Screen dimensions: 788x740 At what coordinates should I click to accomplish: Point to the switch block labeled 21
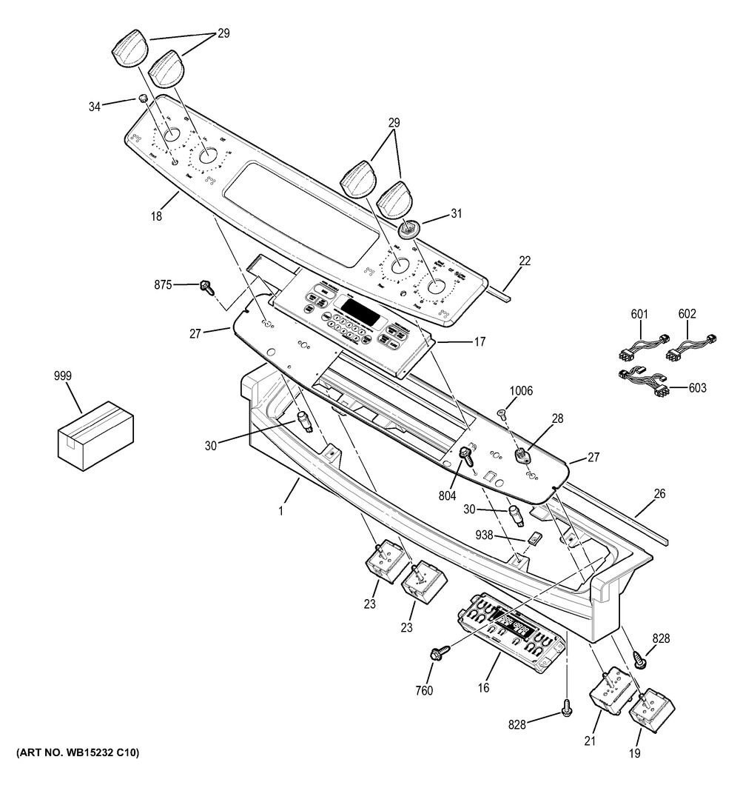pos(612,692)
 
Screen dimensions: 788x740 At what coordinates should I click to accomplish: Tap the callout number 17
pos(479,342)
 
